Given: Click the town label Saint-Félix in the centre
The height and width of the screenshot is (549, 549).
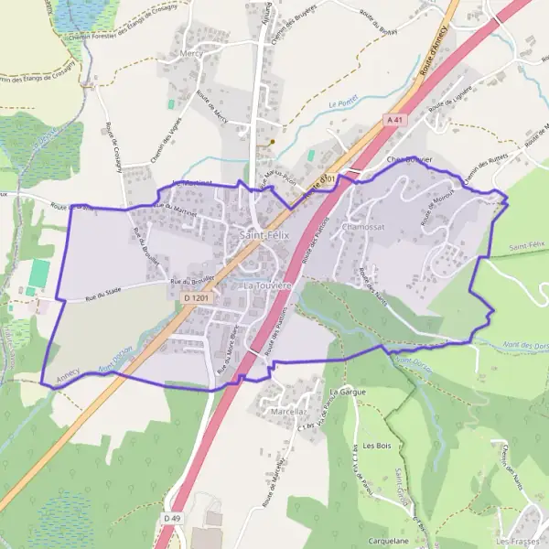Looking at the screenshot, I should [261, 235].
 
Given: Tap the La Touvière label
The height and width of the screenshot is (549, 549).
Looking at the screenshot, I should [267, 285].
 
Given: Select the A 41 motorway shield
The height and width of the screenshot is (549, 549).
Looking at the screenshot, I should [394, 119].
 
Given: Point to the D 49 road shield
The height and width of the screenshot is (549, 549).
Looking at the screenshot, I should [168, 518].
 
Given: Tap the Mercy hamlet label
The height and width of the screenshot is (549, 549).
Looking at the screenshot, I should [192, 79].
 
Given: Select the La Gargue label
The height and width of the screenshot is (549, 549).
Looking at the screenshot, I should [347, 391].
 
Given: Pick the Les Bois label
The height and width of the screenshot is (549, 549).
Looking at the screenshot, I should [376, 446].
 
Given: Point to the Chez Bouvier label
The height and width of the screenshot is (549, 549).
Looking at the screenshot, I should [409, 158].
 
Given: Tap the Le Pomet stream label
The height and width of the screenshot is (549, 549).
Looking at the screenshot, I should [342, 105].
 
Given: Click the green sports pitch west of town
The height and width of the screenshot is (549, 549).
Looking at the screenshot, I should [39, 272].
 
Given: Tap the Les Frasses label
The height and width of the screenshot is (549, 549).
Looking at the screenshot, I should [522, 542].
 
